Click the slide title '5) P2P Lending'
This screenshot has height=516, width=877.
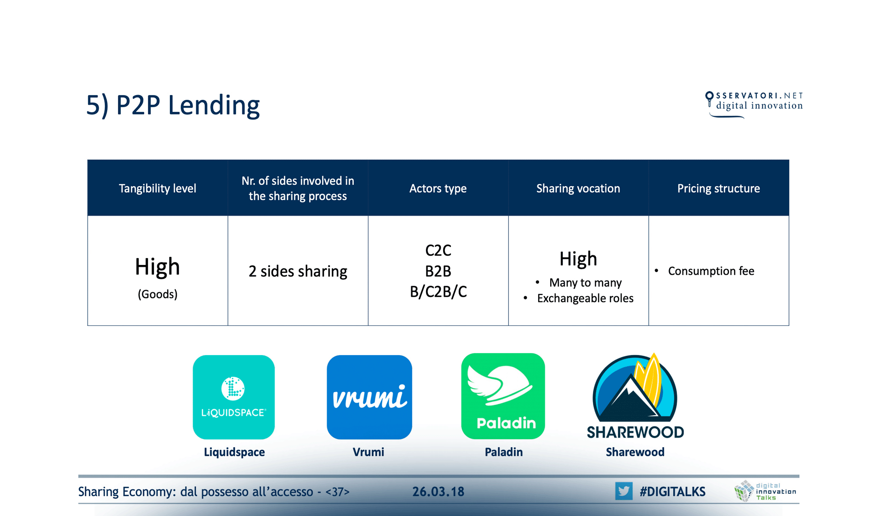click(x=173, y=105)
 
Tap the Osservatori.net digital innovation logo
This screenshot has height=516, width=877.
click(x=754, y=104)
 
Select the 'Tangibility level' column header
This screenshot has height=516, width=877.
click(x=157, y=188)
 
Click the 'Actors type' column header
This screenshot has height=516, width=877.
click(x=438, y=188)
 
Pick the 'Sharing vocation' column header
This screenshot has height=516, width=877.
click(x=578, y=188)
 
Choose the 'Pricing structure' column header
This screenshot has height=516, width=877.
click(x=718, y=188)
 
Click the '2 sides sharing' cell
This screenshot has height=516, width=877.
click(x=298, y=271)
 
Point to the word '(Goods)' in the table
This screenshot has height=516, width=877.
click(x=157, y=294)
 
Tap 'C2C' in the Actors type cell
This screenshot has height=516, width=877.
click(x=438, y=250)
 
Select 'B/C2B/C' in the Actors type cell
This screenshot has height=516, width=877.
click(x=438, y=292)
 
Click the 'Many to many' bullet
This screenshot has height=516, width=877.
click(x=585, y=283)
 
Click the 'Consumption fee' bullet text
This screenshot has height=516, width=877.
click(x=711, y=271)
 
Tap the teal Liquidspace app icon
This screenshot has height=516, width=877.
click(x=234, y=397)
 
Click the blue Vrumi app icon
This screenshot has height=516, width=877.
click(x=369, y=397)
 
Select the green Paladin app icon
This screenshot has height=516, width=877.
click(x=503, y=396)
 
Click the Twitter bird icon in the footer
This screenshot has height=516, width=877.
click(x=623, y=491)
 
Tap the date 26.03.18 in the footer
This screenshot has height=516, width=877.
click(x=438, y=491)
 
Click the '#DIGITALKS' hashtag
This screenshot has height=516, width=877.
click(x=672, y=491)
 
